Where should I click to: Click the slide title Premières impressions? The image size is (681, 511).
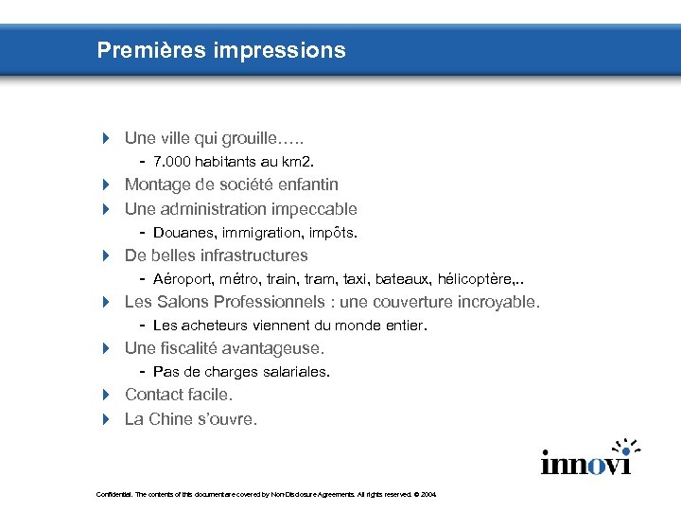click(x=221, y=50)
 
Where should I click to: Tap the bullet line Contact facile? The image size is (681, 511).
click(x=178, y=395)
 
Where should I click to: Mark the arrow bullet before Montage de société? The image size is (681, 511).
click(x=106, y=185)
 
